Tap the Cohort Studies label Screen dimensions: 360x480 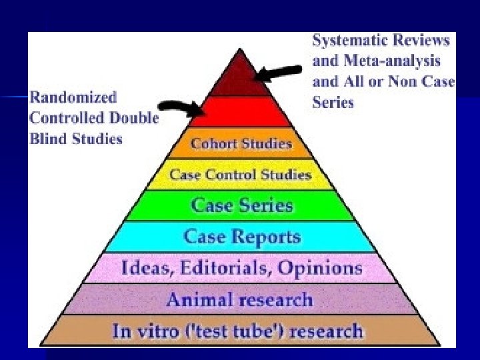(x=241, y=143)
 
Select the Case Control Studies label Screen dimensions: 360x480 (x=241, y=175)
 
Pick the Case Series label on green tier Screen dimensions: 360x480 (x=241, y=205)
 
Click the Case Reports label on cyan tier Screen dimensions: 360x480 (x=242, y=236)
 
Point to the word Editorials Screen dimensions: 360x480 (x=217, y=268)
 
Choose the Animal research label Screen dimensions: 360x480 (x=240, y=299)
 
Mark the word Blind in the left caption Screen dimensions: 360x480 (x=48, y=139)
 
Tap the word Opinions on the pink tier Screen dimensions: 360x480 (x=319, y=268)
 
